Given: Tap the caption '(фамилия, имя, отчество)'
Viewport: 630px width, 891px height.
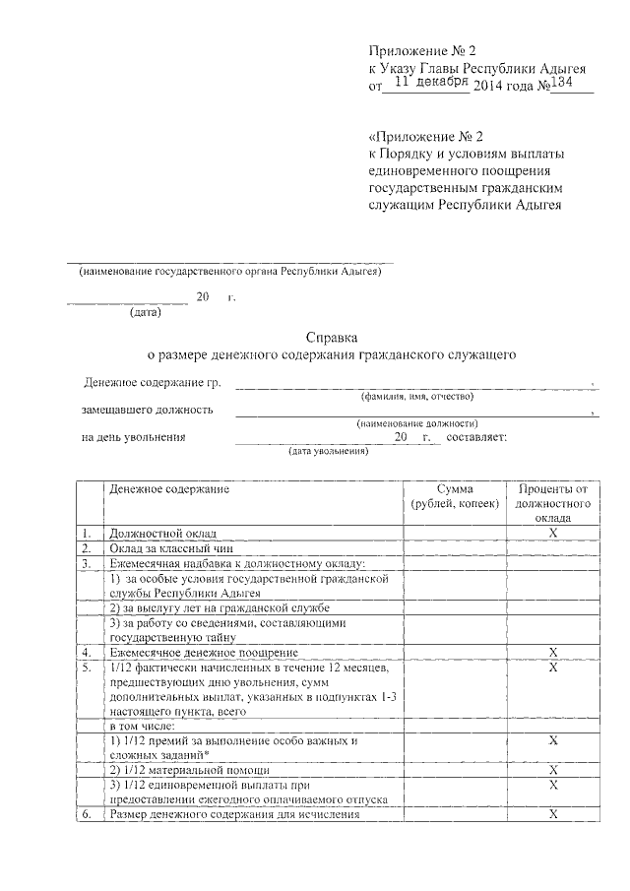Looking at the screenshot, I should [x=416, y=396].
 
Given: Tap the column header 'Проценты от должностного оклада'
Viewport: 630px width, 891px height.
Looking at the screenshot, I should [x=553, y=502].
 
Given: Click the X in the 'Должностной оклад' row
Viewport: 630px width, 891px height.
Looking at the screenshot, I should [x=553, y=533].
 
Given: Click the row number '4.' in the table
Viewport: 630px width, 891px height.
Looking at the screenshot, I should [x=87, y=652].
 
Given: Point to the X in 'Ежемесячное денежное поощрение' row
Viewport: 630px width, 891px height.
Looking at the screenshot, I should [x=553, y=652].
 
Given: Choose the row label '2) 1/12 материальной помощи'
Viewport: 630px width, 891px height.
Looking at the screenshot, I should [x=188, y=769].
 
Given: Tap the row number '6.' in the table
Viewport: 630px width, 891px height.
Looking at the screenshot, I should [x=87, y=814].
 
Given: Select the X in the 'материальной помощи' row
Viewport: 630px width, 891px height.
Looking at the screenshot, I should [x=553, y=769].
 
